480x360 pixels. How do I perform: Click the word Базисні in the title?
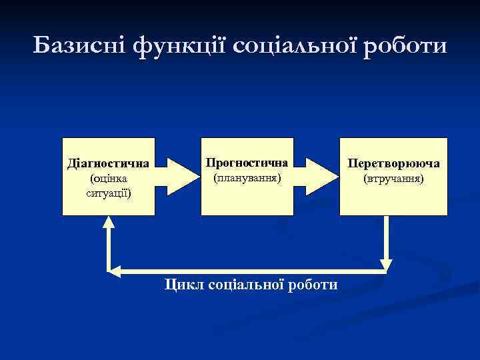79,46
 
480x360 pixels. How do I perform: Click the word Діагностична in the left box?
108,163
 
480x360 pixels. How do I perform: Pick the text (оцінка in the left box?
108,179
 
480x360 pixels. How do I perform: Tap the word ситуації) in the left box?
108,193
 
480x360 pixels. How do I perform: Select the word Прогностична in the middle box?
247,163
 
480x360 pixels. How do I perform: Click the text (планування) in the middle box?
247,178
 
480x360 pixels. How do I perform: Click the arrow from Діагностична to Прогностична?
177,175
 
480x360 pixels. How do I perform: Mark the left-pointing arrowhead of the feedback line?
115,271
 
